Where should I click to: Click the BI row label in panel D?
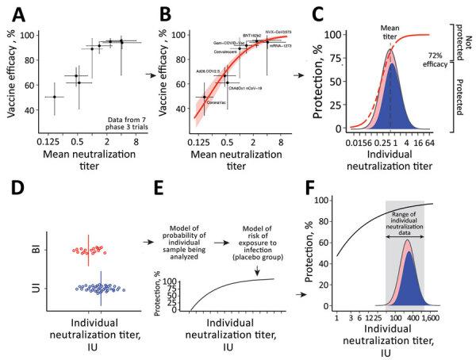[33, 250]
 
